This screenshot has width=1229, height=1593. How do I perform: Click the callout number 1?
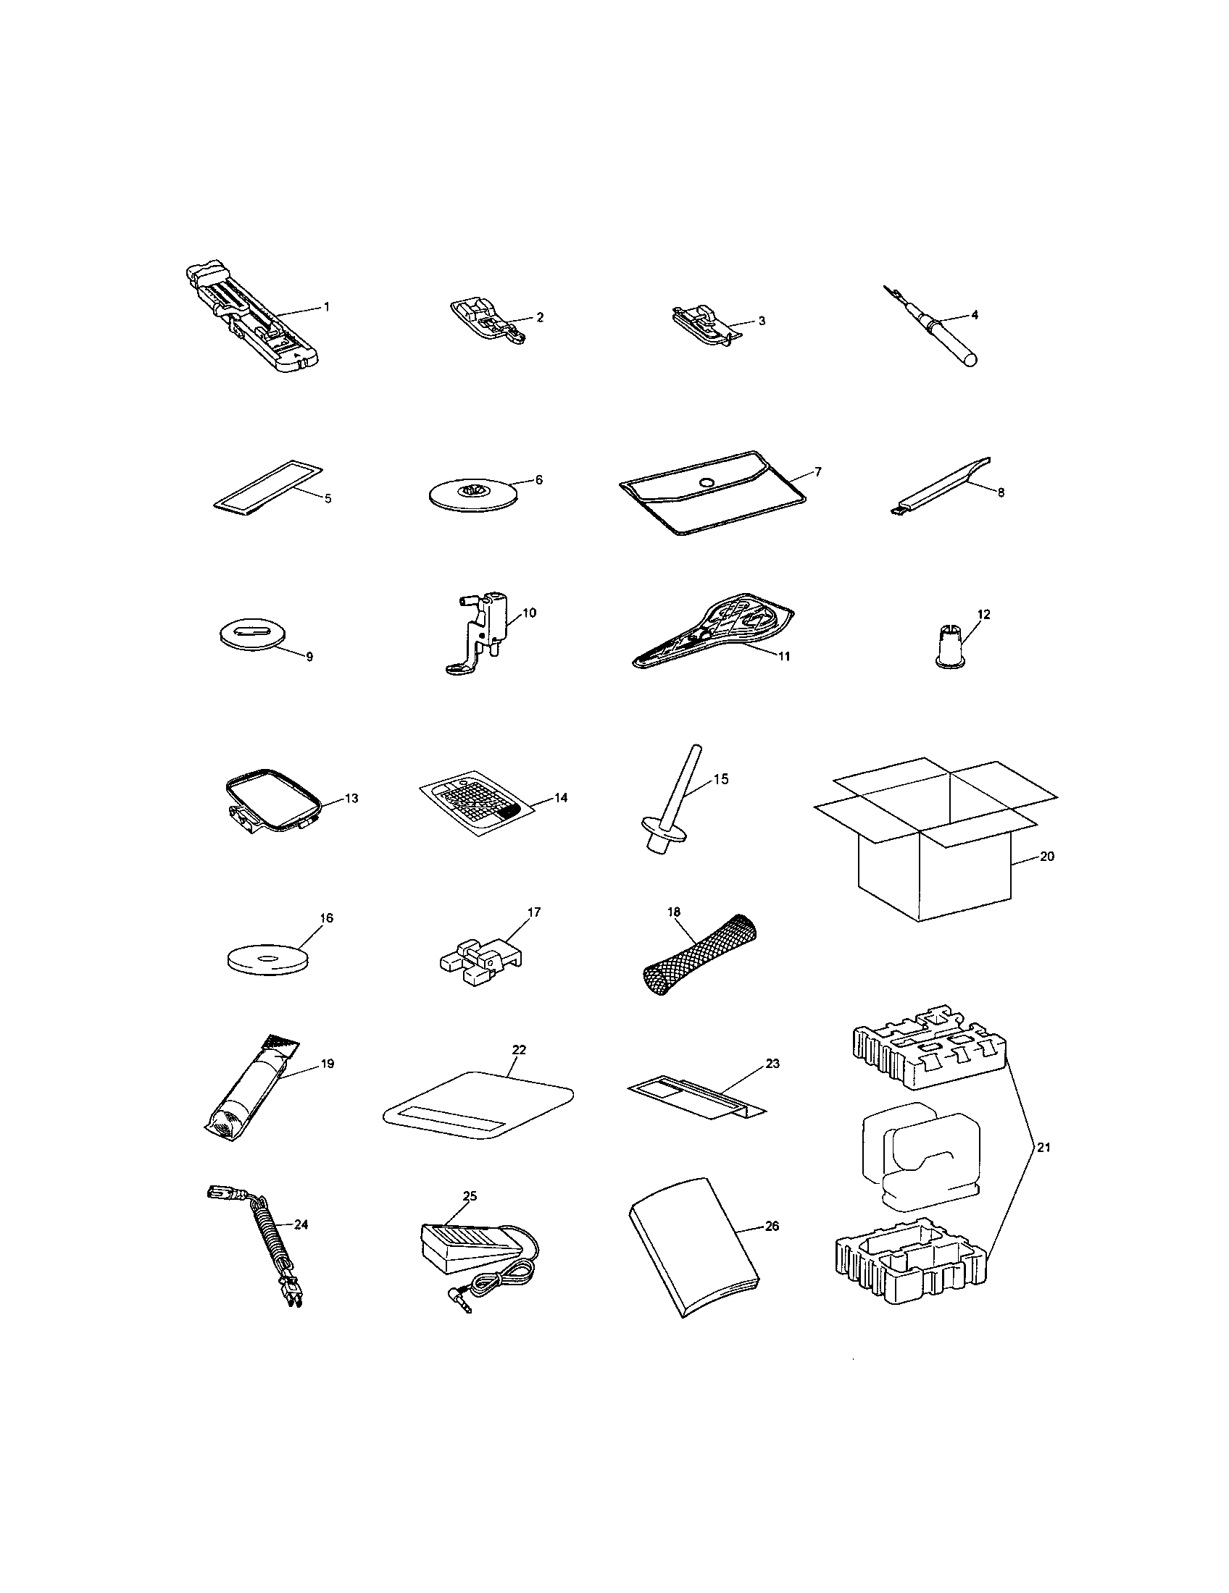click(x=327, y=307)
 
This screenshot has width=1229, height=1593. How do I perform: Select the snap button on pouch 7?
click(x=705, y=482)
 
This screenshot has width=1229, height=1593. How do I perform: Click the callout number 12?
click(x=984, y=614)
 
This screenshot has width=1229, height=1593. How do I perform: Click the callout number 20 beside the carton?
click(x=1046, y=857)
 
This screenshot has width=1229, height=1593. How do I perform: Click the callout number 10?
click(x=530, y=613)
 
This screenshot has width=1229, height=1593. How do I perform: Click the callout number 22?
click(x=520, y=1050)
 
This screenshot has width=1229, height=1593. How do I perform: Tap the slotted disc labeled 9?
click(x=250, y=631)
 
